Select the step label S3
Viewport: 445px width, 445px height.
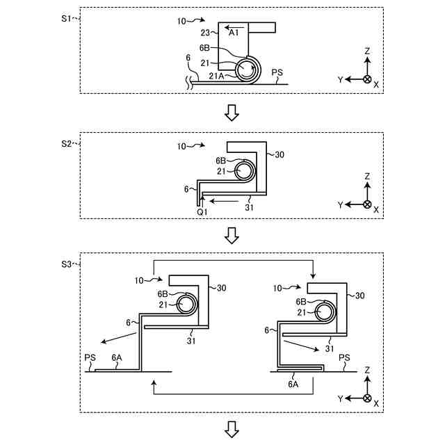67,264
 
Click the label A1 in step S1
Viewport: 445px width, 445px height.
234,32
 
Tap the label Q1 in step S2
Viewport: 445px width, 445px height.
202,211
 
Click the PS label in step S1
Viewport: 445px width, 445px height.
277,72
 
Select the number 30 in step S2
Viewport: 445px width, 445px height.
280,154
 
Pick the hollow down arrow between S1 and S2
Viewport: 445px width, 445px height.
232,111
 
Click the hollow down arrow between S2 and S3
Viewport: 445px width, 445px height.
232,237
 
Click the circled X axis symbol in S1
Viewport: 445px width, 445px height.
366,79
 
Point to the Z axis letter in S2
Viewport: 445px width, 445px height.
367,177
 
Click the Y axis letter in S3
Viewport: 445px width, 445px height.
341,398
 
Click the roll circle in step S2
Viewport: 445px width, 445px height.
244,170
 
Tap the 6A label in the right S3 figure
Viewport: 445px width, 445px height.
293,383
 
